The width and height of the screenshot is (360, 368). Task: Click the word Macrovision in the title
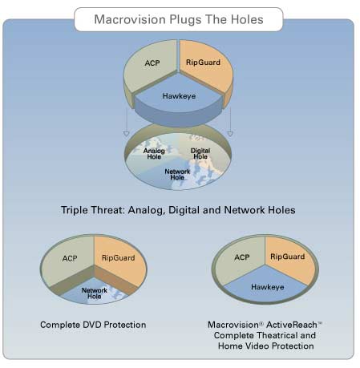(130, 19)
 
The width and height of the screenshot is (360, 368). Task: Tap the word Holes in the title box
(247, 19)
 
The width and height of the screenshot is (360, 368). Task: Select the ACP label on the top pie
(152, 63)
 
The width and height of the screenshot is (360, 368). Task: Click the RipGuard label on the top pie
(203, 63)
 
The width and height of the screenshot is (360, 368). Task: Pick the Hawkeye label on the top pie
(179, 96)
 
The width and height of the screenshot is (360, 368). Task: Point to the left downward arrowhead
(126, 134)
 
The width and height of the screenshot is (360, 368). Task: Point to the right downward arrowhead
(230, 134)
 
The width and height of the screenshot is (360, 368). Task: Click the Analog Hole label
(154, 154)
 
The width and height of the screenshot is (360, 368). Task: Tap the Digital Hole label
(200, 154)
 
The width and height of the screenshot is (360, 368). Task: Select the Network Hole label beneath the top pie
(177, 174)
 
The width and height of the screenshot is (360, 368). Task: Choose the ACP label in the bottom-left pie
(70, 258)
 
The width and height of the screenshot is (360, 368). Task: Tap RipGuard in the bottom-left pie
(119, 258)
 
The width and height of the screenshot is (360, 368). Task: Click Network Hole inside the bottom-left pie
(95, 293)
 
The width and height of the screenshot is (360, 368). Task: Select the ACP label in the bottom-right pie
(242, 257)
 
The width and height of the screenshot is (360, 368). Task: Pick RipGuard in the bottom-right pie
(288, 257)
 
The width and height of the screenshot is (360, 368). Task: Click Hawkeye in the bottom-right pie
(268, 287)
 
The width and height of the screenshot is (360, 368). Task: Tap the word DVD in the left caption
(92, 325)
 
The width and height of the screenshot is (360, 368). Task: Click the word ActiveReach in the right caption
(292, 325)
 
